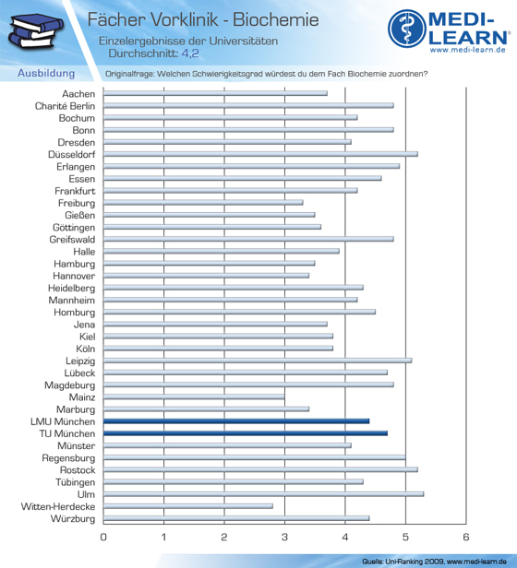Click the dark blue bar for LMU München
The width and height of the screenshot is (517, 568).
236,420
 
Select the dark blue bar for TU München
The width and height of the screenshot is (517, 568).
246,433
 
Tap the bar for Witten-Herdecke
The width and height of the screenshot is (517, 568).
188,506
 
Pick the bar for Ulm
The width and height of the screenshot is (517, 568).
263,494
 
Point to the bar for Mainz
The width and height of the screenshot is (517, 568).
194,397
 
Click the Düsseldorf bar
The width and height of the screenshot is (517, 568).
260,154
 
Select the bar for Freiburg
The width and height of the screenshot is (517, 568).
203,203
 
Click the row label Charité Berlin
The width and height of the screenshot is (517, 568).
65,106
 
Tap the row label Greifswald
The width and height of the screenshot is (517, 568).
72,240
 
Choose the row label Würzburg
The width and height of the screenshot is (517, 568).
73,519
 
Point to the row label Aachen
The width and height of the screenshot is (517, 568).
78,94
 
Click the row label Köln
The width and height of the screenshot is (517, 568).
86,349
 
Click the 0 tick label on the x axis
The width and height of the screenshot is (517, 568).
103,537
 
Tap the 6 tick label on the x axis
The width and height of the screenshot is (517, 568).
466,537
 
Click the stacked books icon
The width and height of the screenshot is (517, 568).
35,31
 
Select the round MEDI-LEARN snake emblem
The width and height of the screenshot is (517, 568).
407,29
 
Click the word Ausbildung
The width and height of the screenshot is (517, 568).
46,73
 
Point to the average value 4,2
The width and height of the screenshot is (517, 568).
190,53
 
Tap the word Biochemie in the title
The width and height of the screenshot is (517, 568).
276,19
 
